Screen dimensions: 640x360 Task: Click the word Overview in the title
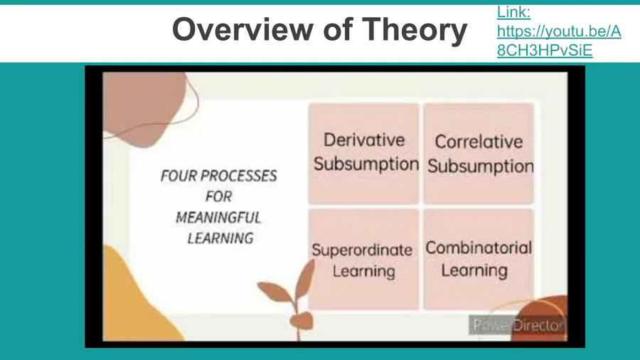click(x=244, y=29)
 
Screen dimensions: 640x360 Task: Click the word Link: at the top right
click(x=513, y=12)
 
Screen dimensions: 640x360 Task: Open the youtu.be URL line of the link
click(x=559, y=31)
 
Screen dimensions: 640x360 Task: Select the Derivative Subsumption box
click(x=363, y=153)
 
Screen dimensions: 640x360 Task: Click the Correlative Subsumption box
click(x=479, y=153)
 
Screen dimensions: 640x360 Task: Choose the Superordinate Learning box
click(x=363, y=259)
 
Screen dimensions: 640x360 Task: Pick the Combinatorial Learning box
click(x=479, y=259)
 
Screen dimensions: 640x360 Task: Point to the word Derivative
click(x=364, y=140)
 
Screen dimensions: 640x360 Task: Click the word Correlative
click(x=479, y=142)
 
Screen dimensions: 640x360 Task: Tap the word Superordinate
click(x=362, y=250)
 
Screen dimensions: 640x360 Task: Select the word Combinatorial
click(x=479, y=248)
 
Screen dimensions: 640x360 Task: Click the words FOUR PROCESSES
click(x=219, y=176)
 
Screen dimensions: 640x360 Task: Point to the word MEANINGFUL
click(x=218, y=218)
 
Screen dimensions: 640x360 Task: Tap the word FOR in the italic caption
click(x=219, y=197)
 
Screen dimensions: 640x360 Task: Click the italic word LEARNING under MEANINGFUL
click(x=220, y=238)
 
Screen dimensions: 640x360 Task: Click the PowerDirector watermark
click(x=518, y=325)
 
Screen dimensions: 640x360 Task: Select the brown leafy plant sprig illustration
click(x=292, y=298)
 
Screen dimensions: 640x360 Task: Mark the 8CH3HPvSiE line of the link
click(x=545, y=51)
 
